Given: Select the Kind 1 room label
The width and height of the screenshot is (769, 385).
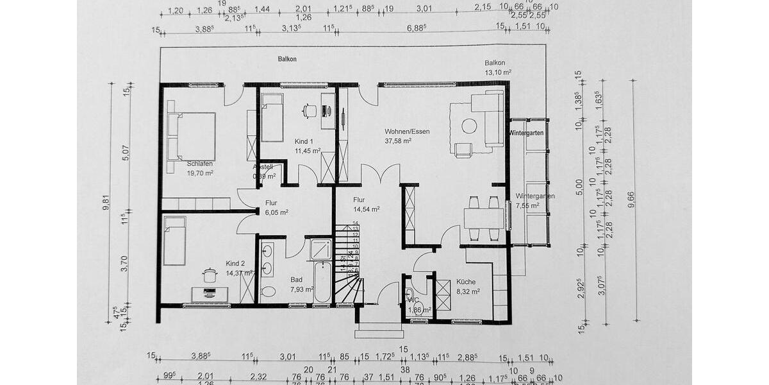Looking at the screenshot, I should (x=304, y=141).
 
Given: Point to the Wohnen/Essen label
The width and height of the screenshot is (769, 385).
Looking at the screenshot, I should (x=407, y=132).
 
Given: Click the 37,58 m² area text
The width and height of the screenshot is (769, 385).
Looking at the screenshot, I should (x=398, y=141).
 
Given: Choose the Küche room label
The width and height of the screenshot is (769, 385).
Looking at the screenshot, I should (x=466, y=281).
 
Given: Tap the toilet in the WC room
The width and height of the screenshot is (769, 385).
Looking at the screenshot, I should (x=409, y=296).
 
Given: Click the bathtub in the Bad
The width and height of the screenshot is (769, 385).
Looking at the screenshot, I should (x=322, y=282).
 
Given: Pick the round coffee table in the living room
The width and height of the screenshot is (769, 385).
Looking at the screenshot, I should (x=469, y=126).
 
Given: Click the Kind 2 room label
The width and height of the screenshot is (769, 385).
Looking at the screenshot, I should (x=235, y=264).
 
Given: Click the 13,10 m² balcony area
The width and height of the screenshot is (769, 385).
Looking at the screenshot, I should (x=498, y=73).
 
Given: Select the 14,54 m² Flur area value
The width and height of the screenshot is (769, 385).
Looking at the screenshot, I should (x=367, y=209).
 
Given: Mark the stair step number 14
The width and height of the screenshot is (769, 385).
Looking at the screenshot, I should (x=355, y=223).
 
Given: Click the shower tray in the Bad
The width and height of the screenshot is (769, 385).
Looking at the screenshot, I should (x=321, y=249).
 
